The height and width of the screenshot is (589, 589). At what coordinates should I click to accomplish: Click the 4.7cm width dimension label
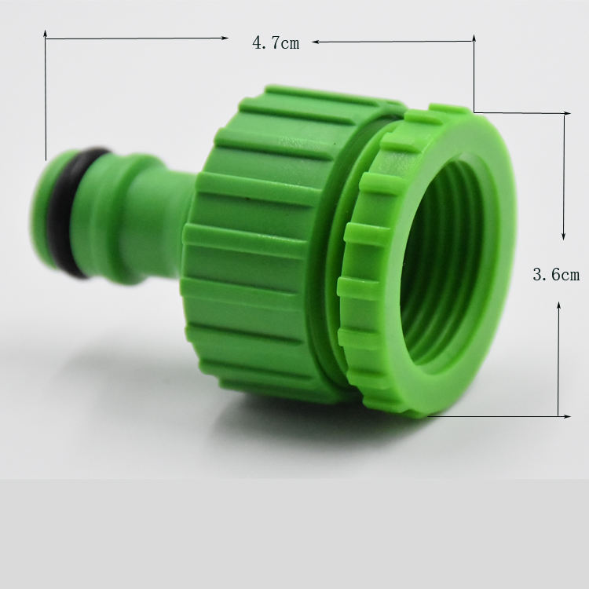[276, 43]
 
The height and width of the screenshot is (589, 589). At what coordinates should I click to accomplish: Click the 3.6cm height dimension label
[556, 274]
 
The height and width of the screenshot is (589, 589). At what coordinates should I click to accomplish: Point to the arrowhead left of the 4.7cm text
[225, 38]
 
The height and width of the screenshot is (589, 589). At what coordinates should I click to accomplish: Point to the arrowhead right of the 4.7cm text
[316, 42]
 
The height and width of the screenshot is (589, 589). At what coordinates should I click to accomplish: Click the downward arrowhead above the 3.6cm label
[563, 236]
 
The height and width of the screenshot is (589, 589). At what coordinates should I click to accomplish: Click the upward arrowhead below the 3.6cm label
[559, 305]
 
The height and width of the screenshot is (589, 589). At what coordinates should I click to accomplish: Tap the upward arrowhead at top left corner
[45, 34]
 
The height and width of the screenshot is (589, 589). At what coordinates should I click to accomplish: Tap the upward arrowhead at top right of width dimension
[474, 39]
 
